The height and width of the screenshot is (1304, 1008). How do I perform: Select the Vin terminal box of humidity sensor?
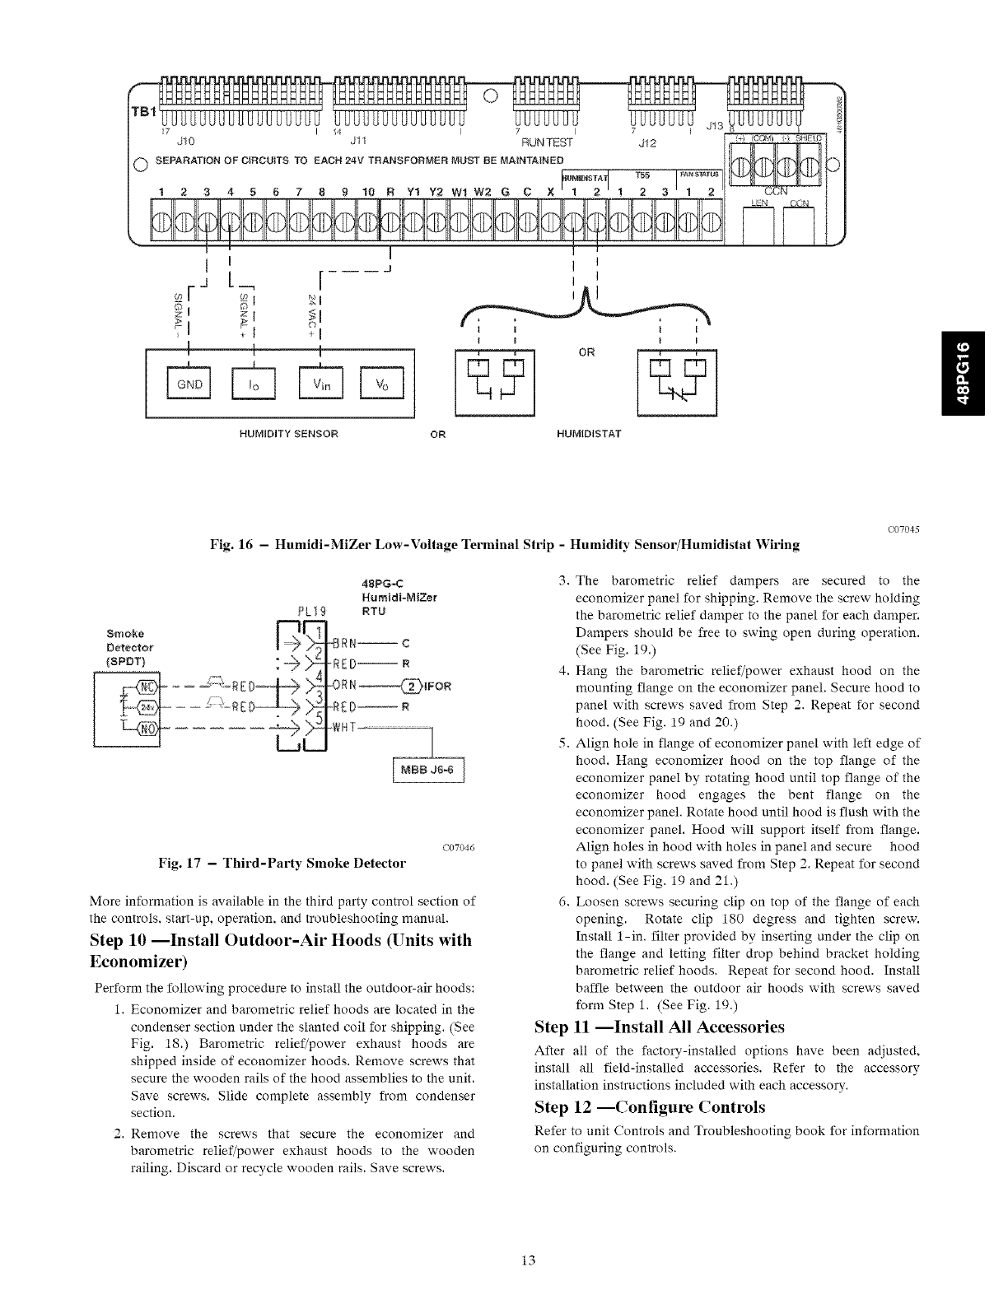pos(320,385)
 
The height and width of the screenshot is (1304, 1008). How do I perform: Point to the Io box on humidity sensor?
pos(254,385)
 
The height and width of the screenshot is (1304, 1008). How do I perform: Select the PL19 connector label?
pos(313,610)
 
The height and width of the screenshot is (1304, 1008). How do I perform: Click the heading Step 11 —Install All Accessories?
pos(659,1027)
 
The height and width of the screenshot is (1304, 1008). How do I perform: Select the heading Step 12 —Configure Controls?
pos(649,1106)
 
